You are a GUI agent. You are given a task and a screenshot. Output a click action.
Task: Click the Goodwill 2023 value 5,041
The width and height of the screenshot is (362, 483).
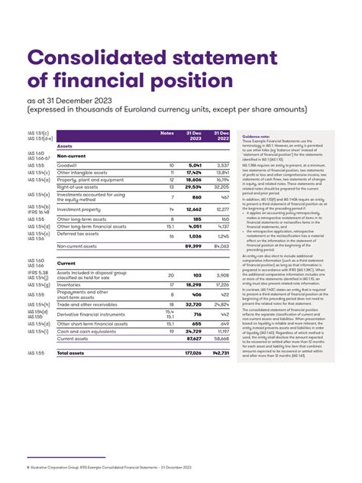[x=195, y=164]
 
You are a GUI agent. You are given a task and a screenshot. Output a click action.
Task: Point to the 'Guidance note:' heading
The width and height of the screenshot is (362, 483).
[x=256, y=135]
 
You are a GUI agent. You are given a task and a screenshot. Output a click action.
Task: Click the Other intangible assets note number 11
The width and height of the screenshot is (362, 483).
[x=171, y=172]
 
